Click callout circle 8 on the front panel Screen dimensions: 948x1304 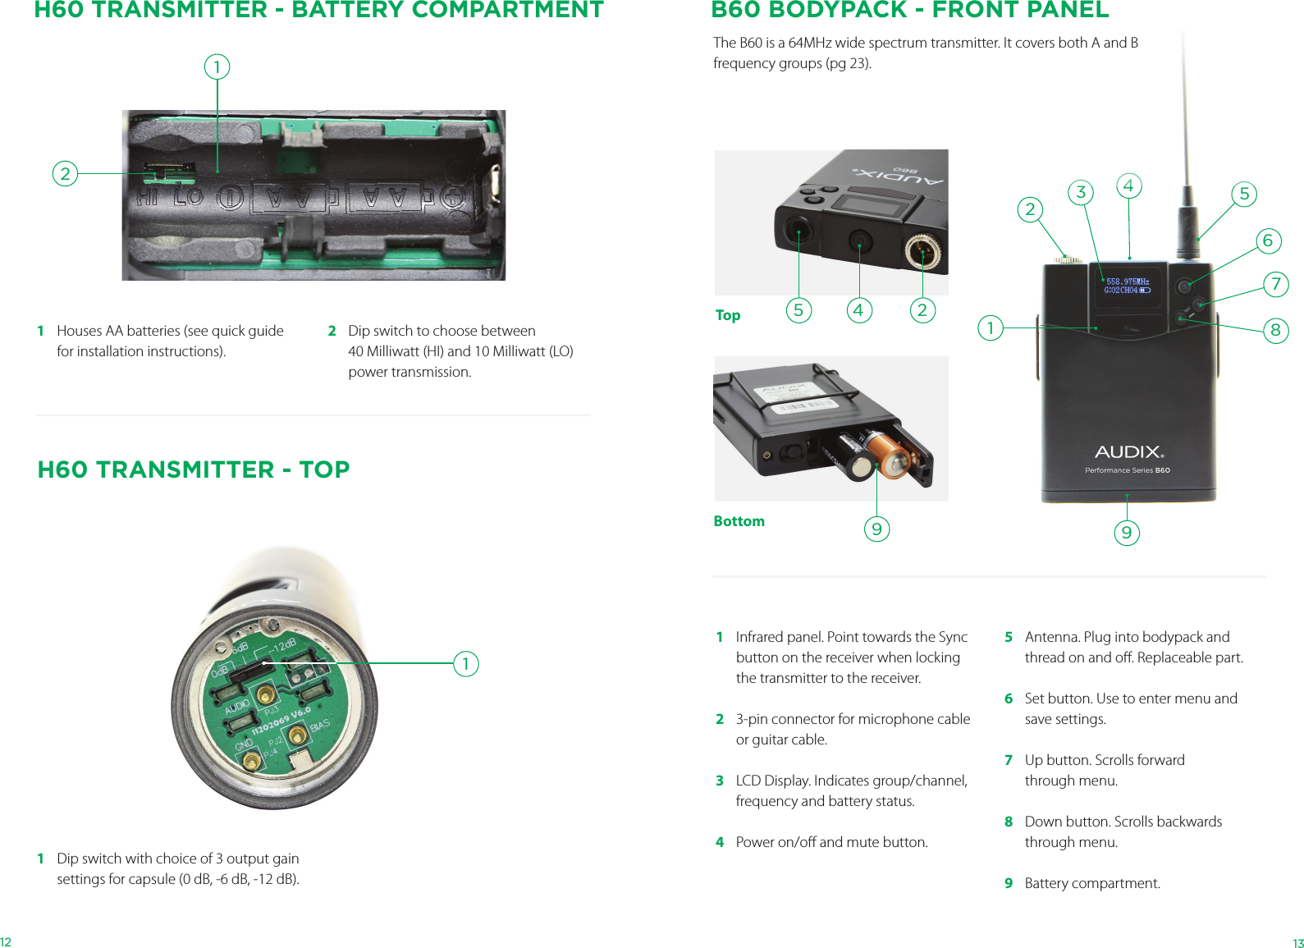click(1275, 331)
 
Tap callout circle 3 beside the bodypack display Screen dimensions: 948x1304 click(1081, 192)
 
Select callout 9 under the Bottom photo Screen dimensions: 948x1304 click(876, 529)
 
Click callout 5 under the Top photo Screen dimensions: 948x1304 click(798, 310)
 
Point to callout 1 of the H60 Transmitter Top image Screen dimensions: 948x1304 click(465, 663)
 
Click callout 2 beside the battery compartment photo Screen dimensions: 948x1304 click(65, 174)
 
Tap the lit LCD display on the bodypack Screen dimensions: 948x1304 click(1128, 286)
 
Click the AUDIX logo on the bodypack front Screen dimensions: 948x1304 click(1128, 452)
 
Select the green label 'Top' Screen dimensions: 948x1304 click(728, 315)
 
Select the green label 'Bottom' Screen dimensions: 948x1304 click(739, 521)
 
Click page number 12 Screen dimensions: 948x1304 click(6, 942)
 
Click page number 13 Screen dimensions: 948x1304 click(1297, 943)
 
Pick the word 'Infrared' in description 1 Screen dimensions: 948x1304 click(760, 637)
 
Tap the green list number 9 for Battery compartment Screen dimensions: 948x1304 click(1009, 883)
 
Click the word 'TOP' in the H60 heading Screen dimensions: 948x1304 click(324, 469)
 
